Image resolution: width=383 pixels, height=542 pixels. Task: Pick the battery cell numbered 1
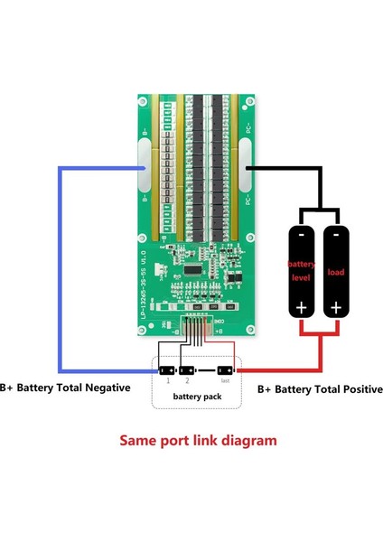(166, 370)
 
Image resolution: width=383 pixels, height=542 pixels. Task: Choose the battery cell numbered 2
(186, 370)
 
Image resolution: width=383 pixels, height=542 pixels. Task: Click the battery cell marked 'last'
(225, 370)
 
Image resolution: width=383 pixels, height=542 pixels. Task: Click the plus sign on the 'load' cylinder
(335, 308)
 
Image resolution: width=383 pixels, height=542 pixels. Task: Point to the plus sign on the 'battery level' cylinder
(301, 308)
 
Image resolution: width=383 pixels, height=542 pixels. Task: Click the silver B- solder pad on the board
(144, 167)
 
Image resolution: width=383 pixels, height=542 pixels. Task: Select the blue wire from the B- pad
(61, 271)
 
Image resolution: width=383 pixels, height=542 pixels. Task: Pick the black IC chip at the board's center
(192, 268)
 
